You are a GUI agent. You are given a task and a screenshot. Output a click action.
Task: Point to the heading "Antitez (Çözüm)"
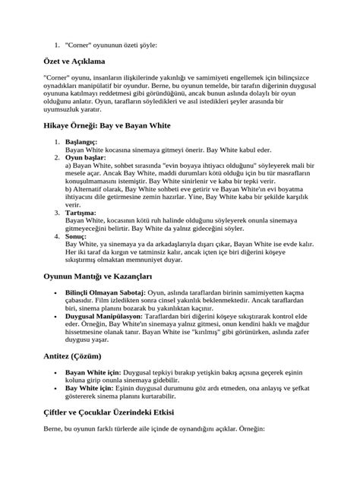pyautogui.click(x=75, y=355)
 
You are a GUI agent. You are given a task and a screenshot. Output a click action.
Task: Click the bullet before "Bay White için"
pyautogui.click(x=58, y=387)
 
